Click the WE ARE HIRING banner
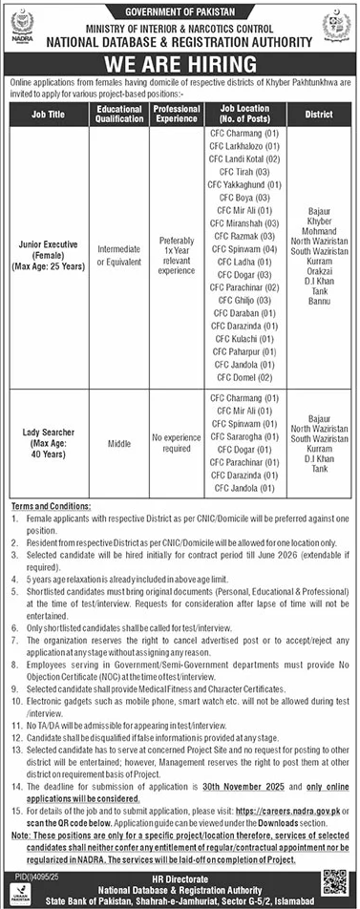[180, 66]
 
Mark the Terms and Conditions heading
[50, 504]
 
